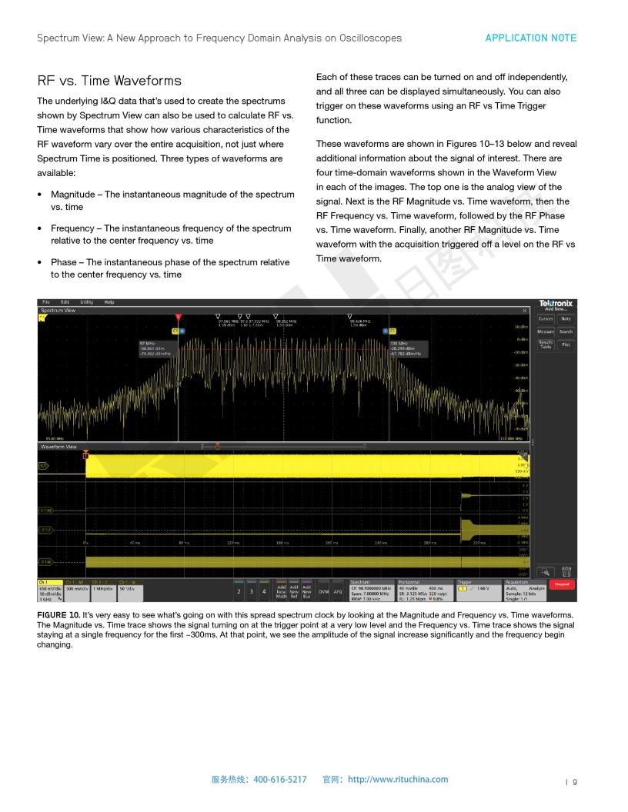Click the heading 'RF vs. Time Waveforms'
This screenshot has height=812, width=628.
coord(109,81)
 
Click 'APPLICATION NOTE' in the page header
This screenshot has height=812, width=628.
coord(530,38)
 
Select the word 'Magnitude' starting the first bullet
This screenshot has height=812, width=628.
coord(76,195)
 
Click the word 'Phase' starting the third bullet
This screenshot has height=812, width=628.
coord(65,262)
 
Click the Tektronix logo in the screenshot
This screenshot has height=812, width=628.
coord(556,303)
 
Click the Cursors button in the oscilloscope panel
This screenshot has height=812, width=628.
coord(546,318)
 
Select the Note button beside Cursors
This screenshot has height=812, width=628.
coord(566,318)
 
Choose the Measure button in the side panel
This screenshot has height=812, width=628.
coord(546,331)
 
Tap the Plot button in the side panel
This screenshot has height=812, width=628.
coord(566,344)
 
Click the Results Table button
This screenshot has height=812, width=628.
coord(546,344)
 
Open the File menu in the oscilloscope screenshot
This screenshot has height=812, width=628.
coord(46,302)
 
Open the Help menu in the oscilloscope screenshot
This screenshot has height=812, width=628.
coord(109,302)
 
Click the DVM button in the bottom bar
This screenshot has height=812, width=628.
coord(324,591)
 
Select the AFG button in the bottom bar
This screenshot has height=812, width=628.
coord(338,591)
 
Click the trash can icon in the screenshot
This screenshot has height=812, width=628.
coord(566,571)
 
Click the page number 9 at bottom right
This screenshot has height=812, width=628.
coord(574,782)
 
